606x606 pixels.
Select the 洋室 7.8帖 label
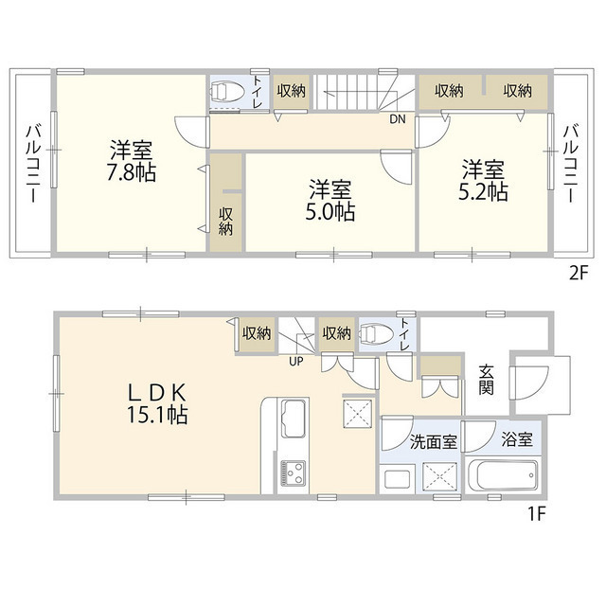(x=132, y=162)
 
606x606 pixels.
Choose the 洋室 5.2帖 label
(x=484, y=181)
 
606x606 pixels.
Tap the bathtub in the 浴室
(x=503, y=473)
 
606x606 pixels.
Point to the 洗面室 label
(x=434, y=441)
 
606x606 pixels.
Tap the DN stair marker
(x=398, y=119)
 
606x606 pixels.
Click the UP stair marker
(x=297, y=360)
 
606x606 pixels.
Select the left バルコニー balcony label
(x=31, y=162)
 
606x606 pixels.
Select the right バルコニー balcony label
(x=571, y=162)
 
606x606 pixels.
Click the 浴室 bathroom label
(x=516, y=440)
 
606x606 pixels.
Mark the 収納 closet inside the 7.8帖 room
(x=226, y=221)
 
